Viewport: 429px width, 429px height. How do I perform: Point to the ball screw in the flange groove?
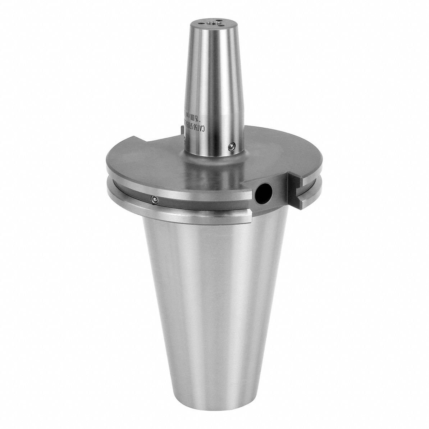154,198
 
